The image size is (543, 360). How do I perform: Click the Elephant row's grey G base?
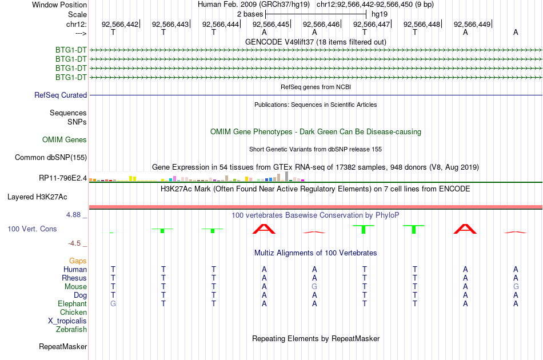pos(113,303)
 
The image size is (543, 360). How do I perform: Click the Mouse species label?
pos(75,287)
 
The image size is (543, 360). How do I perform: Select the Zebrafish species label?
pos(71,329)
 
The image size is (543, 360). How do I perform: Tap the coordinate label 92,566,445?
pos(271,24)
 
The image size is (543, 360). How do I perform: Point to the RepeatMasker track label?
pos(63,346)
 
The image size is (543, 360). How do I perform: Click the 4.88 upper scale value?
pos(73,215)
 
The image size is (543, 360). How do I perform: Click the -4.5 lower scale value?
pos(74,243)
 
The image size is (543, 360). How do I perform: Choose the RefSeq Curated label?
pos(61,95)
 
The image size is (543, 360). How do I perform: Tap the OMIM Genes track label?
pos(65,139)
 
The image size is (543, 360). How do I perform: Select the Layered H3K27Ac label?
pos(37,197)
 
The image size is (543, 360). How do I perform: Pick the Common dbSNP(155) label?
pos(51,158)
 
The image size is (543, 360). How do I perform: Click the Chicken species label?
pos(73,312)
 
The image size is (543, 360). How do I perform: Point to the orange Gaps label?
pos(78,261)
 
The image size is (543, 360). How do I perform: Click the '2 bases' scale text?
pos(250,14)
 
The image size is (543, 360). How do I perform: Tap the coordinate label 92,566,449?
pos(472,24)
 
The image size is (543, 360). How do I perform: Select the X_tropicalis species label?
pos(67,321)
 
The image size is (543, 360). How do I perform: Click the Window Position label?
pos(59,5)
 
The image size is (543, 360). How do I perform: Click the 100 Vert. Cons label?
pos(32,229)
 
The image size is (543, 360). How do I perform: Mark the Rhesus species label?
pos(74,278)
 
